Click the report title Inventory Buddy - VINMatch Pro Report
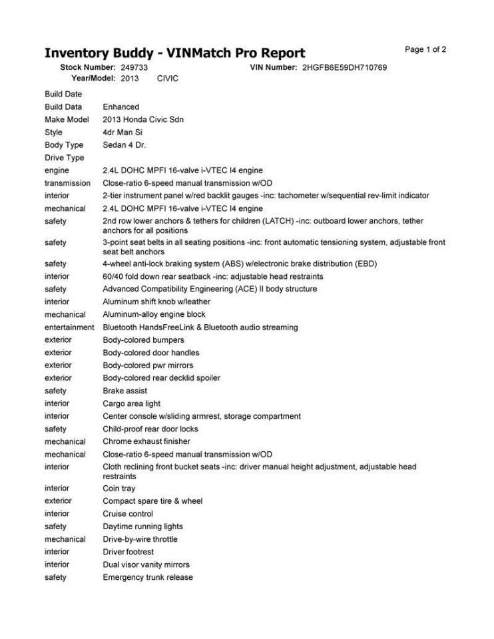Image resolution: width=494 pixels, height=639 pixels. tap(174, 53)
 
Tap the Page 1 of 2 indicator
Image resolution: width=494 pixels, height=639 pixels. tap(425, 50)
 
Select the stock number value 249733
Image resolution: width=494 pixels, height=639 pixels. tap(134, 68)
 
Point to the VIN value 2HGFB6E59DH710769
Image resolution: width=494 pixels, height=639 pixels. tap(344, 68)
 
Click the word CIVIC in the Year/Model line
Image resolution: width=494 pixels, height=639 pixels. tap(168, 79)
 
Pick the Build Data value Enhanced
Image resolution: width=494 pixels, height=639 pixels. tap(121, 106)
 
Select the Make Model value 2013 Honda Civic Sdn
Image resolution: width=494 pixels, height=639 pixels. tap(143, 119)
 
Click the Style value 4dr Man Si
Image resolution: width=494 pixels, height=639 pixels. tap(123, 132)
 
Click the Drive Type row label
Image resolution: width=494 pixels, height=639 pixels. tap(64, 158)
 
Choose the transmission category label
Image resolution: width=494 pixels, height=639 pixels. tap(67, 183)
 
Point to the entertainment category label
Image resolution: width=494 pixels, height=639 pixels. tap(69, 327)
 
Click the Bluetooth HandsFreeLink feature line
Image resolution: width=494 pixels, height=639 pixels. tap(200, 327)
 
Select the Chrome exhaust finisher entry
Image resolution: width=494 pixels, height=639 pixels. tap(146, 441)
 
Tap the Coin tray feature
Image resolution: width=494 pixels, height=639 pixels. tap(119, 489)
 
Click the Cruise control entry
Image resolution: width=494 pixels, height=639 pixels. tap(128, 514)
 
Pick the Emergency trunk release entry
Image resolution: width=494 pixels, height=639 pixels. tap(148, 577)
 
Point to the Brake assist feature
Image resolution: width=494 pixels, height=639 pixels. tap(124, 391)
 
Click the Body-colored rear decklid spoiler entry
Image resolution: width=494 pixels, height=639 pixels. tap(161, 378)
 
